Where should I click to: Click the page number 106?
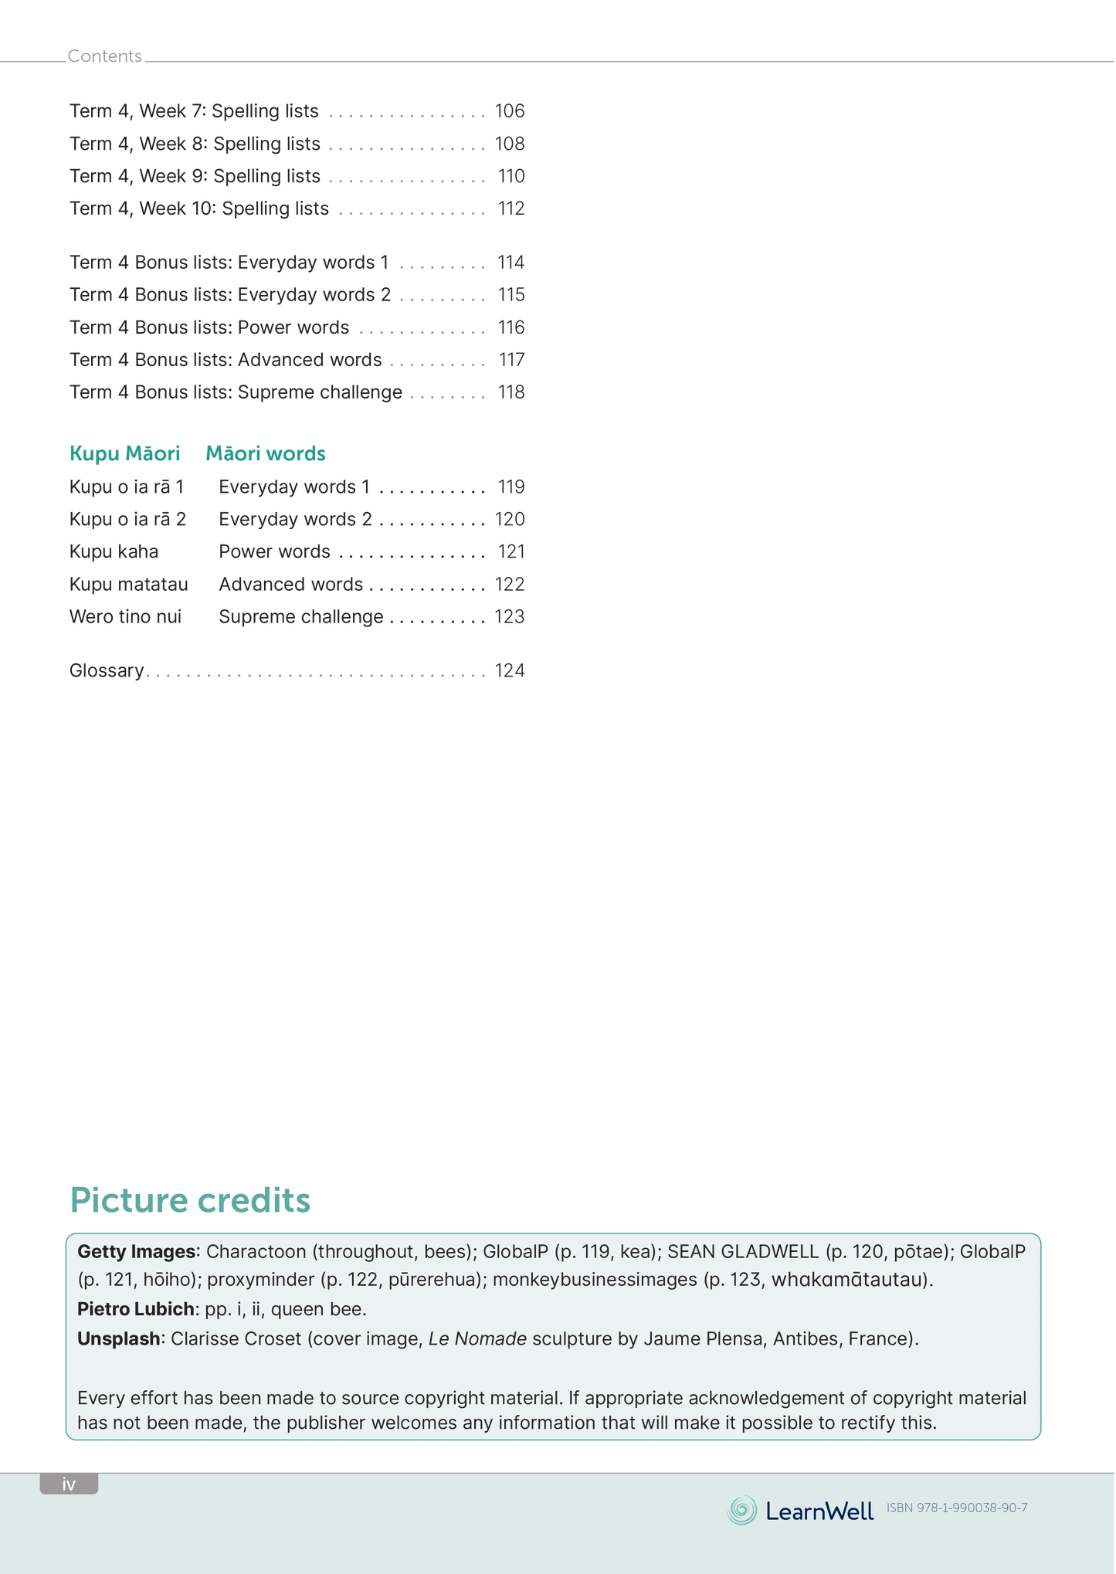(510, 111)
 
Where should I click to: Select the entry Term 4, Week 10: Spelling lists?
(199, 209)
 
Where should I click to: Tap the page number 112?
(511, 209)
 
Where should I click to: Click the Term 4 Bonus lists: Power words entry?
(209, 327)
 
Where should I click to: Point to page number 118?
(511, 392)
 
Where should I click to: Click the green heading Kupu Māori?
(125, 453)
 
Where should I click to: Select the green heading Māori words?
(266, 453)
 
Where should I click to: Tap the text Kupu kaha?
(114, 551)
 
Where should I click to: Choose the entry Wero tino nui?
(125, 616)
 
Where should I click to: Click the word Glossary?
(107, 670)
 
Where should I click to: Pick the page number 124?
(510, 670)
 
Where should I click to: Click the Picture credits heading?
(190, 1200)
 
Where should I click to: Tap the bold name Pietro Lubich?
(135, 1308)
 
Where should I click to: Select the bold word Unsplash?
(119, 1338)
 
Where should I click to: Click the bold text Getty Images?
(137, 1251)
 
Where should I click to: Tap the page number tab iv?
(69, 1484)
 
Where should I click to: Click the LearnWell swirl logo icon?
(742, 1510)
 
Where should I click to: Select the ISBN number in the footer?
(957, 1508)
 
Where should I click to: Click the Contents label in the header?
(105, 56)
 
